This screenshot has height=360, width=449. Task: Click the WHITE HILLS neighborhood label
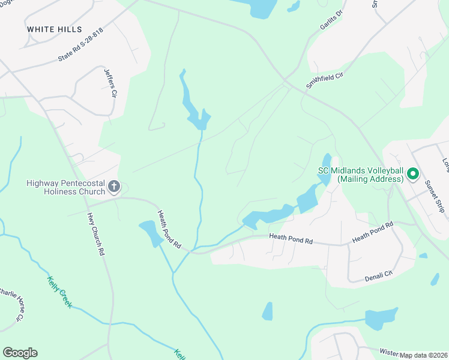coord(54,29)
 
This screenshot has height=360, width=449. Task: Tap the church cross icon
coord(114,188)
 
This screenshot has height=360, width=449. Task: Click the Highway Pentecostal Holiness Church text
coord(65,188)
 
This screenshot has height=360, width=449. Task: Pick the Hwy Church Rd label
coord(96,235)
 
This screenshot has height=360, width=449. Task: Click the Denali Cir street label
coord(378,276)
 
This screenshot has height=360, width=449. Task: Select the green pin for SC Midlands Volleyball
coord(412,175)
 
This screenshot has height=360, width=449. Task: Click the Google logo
coord(20,353)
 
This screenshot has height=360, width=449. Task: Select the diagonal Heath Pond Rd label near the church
coord(169,229)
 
